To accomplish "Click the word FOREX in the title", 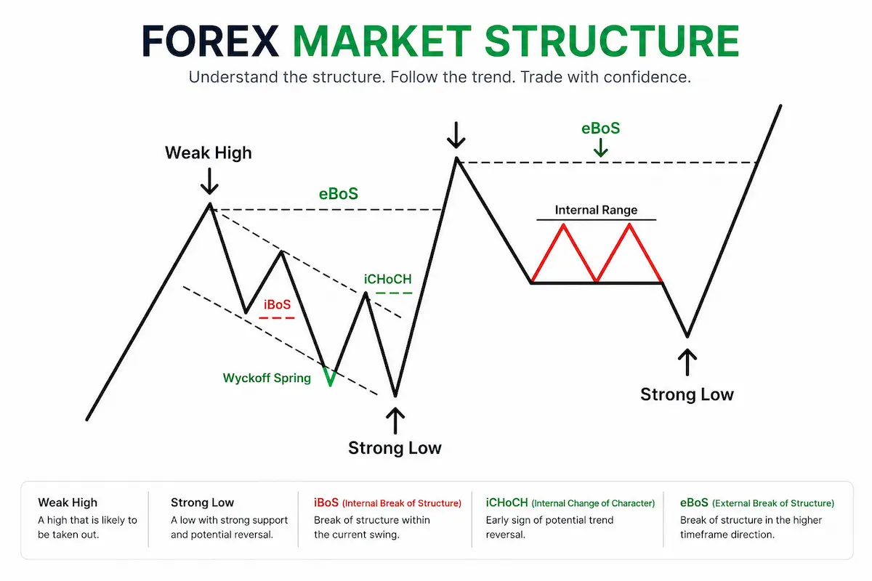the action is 210,41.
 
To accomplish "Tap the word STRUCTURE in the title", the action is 612,41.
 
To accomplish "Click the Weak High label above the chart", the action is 209,153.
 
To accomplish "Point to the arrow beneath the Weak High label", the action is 209,181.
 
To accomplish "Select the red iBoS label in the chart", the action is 277,304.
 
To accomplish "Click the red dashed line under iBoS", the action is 277,318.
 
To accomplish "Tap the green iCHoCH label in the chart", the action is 388,279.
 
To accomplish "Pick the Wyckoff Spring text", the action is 267,378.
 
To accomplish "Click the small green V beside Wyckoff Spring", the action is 329,377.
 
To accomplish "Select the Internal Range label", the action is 596,210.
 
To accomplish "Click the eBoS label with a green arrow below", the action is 601,129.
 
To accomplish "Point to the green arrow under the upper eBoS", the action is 601,148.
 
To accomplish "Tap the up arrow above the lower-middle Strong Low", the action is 395,420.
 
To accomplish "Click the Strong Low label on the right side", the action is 687,394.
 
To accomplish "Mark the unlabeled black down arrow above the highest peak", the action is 456,135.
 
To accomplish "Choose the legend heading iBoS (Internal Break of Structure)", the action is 387,503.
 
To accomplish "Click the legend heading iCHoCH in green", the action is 507,503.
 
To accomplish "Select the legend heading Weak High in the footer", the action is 68,503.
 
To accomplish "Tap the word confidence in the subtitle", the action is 647,77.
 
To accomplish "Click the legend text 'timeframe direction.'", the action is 727,535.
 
